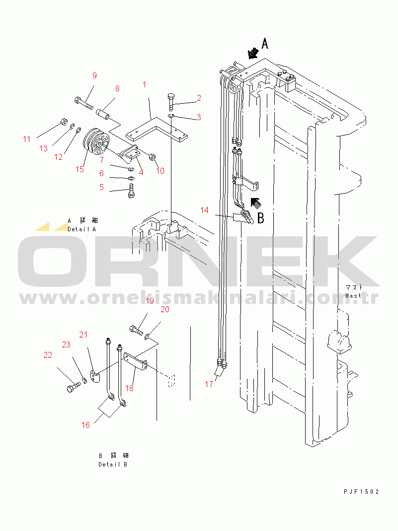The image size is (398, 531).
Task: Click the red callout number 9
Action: [94, 75]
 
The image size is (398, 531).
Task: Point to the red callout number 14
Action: [204, 210]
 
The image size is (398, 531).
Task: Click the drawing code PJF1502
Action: [361, 491]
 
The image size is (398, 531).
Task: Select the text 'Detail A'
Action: [81, 229]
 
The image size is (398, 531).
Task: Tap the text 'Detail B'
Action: [113, 465]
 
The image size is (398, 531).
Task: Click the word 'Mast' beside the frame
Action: [353, 296]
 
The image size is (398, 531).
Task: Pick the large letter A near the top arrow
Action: [265, 44]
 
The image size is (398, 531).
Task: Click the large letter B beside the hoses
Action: [261, 218]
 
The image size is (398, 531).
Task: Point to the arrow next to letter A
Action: [253, 53]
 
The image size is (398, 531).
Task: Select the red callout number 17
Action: [209, 384]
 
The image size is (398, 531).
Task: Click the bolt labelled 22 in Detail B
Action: [74, 386]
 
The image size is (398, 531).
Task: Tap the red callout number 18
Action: [130, 388]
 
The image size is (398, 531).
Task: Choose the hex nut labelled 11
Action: [63, 122]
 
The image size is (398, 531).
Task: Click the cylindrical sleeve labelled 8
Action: [103, 113]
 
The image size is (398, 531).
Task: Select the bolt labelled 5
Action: [132, 191]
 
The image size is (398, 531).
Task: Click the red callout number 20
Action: [165, 309]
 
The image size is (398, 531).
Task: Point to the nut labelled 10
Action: [152, 157]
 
